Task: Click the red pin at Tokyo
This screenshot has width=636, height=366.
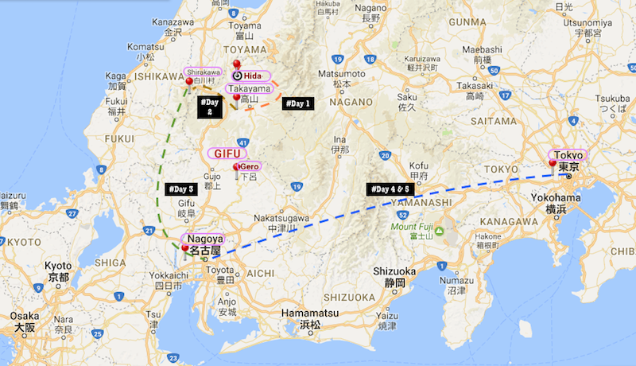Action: (x=553, y=162)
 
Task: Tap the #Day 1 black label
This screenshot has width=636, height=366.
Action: (x=299, y=103)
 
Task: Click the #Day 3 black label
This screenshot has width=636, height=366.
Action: (x=181, y=189)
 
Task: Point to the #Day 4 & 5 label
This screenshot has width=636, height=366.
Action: (x=390, y=189)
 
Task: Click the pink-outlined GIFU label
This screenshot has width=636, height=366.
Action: (x=227, y=152)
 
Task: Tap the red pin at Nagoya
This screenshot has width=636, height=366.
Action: (x=186, y=248)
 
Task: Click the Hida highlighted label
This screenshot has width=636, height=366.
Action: (x=250, y=76)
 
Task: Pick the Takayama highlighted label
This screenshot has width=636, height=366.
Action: (x=250, y=88)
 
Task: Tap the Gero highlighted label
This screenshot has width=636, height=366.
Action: (x=250, y=166)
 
